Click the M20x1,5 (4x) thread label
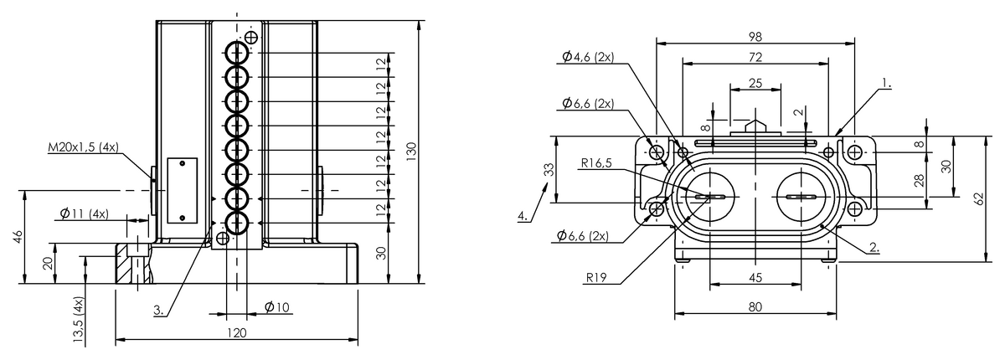point(84,147)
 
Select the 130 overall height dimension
point(412,149)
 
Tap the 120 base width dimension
point(237,333)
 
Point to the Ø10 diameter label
point(277,307)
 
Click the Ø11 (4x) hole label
point(85,213)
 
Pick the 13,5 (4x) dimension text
point(79,321)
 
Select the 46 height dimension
point(17,237)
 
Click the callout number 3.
point(158,310)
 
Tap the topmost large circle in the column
point(236,54)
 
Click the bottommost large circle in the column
point(236,223)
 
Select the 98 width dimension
point(755,37)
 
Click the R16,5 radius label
point(596,162)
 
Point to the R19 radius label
point(596,278)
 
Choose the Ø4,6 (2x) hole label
point(588,57)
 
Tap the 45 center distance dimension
point(755,278)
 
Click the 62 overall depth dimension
point(978,198)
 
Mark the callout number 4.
point(523,216)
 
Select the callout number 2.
point(874,247)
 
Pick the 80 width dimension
point(755,307)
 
